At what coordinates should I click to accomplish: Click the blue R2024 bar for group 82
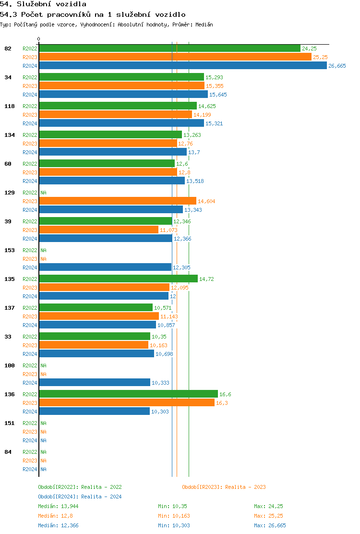182,66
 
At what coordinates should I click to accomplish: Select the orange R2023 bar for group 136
126,403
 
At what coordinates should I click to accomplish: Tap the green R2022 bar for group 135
118,279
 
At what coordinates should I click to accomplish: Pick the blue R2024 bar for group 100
94,383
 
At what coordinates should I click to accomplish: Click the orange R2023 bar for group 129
117,201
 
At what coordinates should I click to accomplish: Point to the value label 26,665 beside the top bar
337,66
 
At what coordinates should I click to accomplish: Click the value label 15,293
214,77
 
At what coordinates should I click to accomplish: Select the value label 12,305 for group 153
181,267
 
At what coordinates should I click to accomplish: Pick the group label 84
8,452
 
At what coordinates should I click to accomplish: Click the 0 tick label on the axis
39,39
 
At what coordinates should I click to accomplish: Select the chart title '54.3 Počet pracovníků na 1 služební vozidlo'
93,15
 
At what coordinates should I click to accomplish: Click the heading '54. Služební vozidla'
43,4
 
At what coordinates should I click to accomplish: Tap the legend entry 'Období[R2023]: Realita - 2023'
224,487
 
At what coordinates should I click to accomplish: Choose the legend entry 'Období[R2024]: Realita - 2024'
80,497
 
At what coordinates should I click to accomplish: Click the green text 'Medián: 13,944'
58,506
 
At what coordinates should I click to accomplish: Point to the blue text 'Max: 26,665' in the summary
270,525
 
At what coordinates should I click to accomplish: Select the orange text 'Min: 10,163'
174,516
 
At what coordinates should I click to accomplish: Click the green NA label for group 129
43,193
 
